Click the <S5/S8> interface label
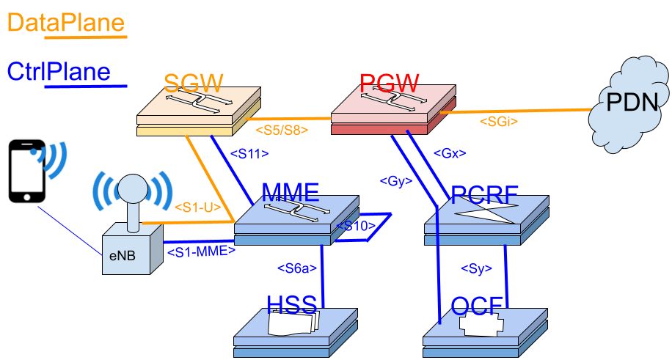282,130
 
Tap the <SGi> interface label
498,121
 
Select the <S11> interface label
249,153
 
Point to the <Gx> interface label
450,153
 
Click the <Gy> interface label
396,181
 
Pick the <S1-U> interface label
197,207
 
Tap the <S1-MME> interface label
201,251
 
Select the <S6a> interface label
297,268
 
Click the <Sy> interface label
476,268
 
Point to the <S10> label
356,225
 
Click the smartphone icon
27,171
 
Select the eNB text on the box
122,256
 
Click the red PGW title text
389,83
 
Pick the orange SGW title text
193,83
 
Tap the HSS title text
292,305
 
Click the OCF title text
477,306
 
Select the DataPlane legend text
66,22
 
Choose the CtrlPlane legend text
59,72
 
